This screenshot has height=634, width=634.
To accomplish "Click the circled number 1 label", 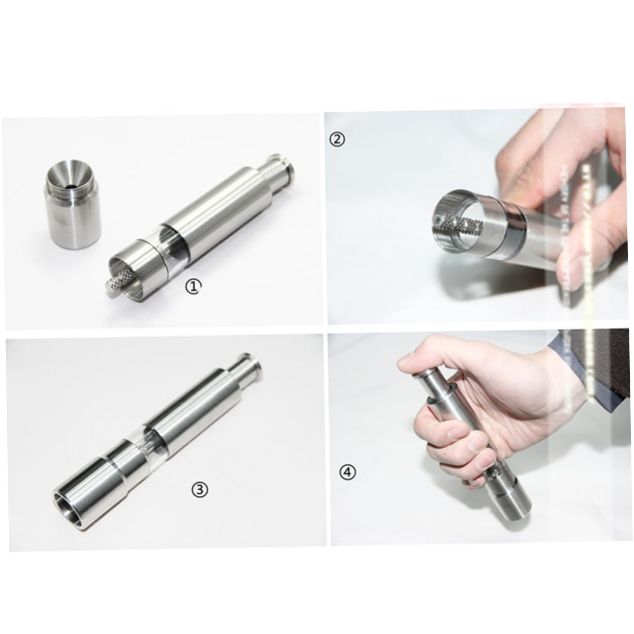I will (193, 286).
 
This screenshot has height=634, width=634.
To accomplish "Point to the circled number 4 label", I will (348, 471).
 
